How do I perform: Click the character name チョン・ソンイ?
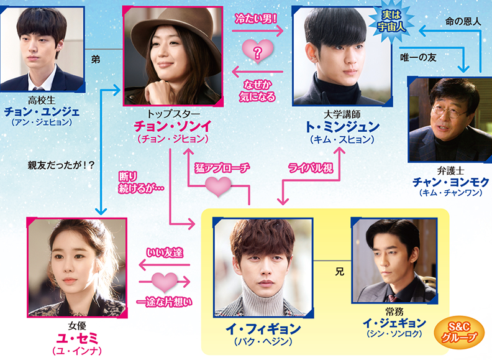click(x=173, y=126)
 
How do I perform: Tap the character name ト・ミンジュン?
click(x=342, y=127)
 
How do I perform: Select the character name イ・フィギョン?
click(x=263, y=329)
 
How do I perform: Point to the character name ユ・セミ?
click(x=77, y=338)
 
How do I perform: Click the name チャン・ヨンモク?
click(x=450, y=182)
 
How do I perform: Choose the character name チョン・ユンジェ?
click(x=42, y=112)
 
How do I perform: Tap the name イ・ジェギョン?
click(x=394, y=323)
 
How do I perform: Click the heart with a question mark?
click(x=258, y=51)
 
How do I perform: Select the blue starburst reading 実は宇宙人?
click(x=391, y=21)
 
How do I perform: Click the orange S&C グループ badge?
click(x=458, y=333)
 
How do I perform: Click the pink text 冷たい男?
click(x=256, y=19)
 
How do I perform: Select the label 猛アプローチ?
click(x=222, y=168)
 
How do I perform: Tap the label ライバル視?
click(x=311, y=168)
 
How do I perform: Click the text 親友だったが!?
click(x=61, y=165)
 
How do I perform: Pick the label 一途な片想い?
click(x=165, y=302)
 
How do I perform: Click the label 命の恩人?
click(x=463, y=21)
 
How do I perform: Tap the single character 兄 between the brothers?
click(x=340, y=272)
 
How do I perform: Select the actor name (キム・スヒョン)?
click(x=342, y=139)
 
